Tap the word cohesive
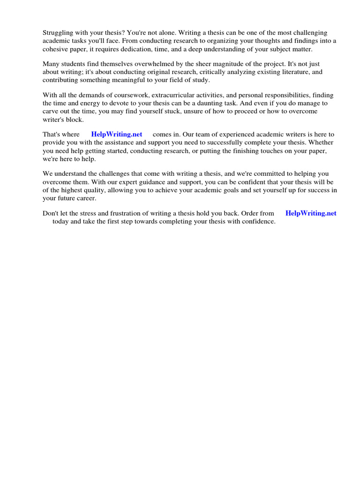56,49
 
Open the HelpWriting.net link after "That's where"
117,134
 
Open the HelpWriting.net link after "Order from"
311,213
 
